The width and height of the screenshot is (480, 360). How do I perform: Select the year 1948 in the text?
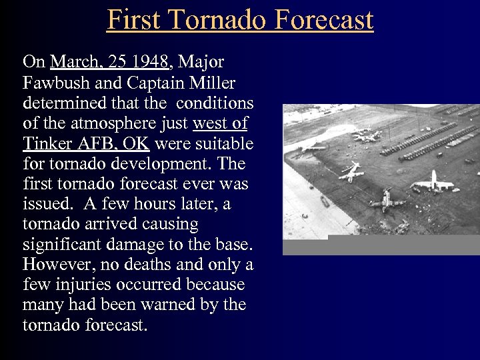(x=151, y=63)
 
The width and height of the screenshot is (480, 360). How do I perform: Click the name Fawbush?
(x=52, y=83)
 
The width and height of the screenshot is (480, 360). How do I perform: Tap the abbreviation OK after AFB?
(x=135, y=144)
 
